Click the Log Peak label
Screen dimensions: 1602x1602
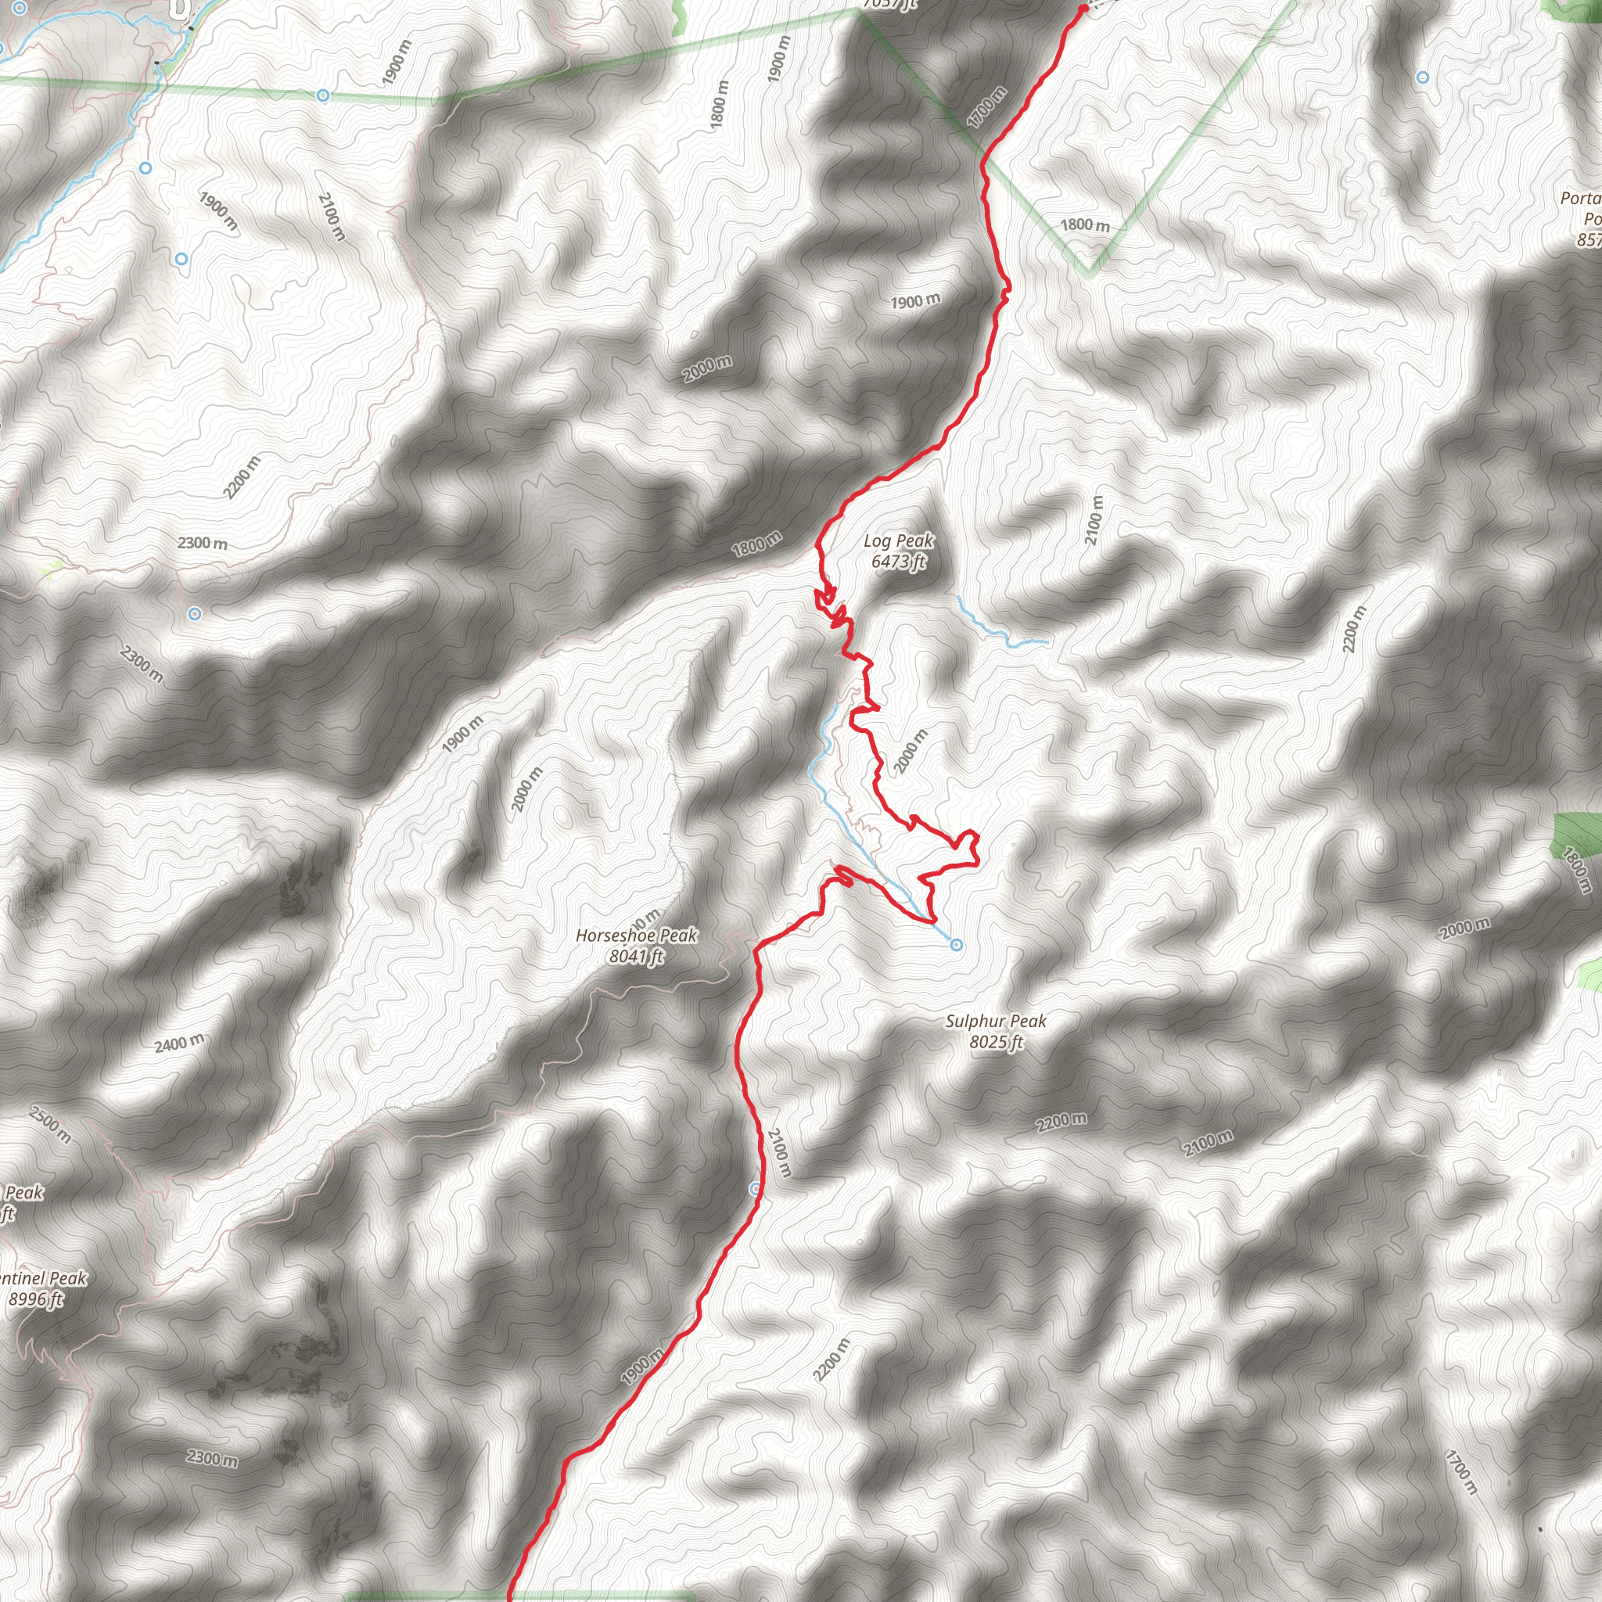[898, 541]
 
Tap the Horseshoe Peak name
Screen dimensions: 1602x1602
[636, 936]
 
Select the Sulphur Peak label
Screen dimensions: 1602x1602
[996, 1021]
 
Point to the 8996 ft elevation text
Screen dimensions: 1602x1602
[35, 1299]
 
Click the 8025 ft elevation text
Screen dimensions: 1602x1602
[996, 1041]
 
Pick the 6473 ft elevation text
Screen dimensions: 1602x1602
[898, 562]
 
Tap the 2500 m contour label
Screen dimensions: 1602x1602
[50, 1124]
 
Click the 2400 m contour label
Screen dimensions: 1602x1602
[179, 1043]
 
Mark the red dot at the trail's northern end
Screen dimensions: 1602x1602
[1083, 9]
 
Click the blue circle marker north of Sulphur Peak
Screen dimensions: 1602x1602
[956, 944]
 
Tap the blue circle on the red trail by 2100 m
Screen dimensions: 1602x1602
[755, 1189]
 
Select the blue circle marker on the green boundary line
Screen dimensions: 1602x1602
[322, 96]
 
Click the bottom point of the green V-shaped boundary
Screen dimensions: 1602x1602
[1090, 273]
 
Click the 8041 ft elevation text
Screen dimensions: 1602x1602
[636, 957]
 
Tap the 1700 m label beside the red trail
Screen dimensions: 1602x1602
[986, 108]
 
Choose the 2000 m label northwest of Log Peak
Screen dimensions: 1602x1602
[707, 369]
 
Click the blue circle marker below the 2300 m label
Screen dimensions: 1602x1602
[194, 613]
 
